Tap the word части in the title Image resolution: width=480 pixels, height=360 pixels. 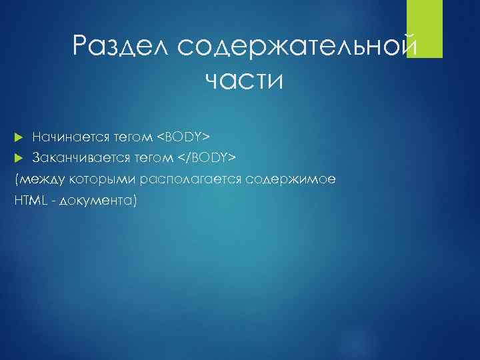tap(244, 81)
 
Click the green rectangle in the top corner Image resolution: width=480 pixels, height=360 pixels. tap(425, 29)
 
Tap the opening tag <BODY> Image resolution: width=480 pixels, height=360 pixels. tap(183, 137)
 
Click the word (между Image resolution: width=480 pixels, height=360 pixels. tap(33, 179)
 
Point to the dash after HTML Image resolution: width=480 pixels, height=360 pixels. tap(51, 200)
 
